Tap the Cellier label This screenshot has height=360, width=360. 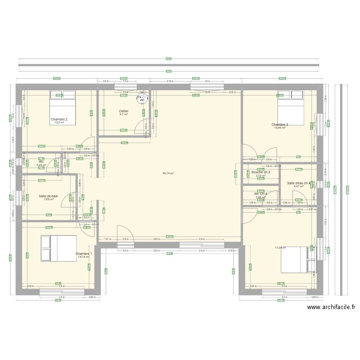click(x=124, y=111)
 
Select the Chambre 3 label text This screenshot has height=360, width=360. click(x=280, y=124)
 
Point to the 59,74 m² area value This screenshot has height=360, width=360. click(x=168, y=174)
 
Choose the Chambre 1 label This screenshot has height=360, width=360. click(x=84, y=253)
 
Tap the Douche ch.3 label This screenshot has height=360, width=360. click(x=261, y=172)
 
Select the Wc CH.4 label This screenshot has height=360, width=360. click(x=261, y=193)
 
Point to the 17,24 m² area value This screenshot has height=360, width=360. click(x=280, y=248)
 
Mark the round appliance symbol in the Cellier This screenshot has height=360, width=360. click(x=141, y=99)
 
